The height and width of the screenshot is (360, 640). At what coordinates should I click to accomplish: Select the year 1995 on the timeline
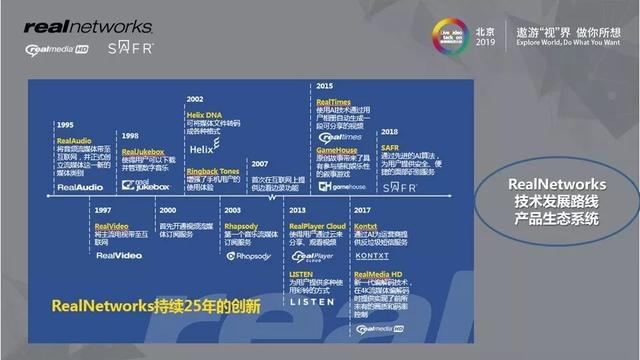pyautogui.click(x=66, y=124)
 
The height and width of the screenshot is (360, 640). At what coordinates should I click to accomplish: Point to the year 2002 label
pyautogui.click(x=196, y=100)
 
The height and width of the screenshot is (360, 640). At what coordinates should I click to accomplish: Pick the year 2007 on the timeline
pyautogui.click(x=258, y=162)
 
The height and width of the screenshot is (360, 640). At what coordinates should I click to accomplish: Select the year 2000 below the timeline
pyautogui.click(x=167, y=211)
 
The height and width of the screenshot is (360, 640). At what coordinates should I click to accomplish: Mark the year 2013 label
pyautogui.click(x=296, y=211)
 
